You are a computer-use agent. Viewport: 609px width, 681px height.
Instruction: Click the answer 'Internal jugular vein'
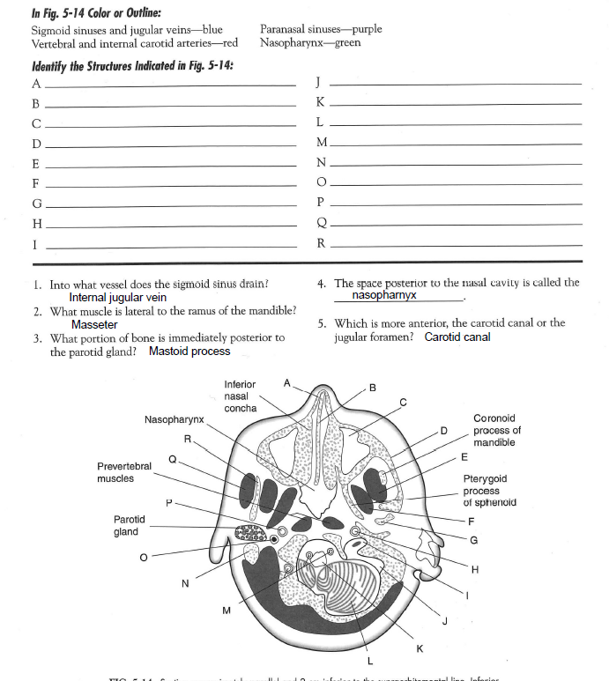point(117,298)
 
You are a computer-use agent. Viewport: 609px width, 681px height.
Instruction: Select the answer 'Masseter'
point(94,325)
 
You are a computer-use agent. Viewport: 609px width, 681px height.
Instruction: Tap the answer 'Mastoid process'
point(189,352)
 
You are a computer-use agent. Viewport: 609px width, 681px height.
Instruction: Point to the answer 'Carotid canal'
point(457,337)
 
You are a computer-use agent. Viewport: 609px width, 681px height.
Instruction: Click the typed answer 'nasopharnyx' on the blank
point(383,295)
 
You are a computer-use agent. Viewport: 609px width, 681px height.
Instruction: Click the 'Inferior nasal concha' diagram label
point(241,396)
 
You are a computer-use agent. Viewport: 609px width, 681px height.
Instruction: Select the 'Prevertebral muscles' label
point(124,472)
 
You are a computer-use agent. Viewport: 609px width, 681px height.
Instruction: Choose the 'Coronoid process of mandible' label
point(497,431)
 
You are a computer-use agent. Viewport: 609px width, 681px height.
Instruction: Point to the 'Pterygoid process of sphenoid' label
point(489,491)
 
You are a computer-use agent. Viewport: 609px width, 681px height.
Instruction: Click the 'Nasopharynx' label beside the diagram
point(175,419)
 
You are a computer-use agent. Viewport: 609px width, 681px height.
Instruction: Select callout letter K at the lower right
point(420,648)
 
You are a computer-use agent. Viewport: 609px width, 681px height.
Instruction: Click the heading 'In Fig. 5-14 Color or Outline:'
point(90,12)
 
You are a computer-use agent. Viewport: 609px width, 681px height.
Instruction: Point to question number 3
point(36,338)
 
